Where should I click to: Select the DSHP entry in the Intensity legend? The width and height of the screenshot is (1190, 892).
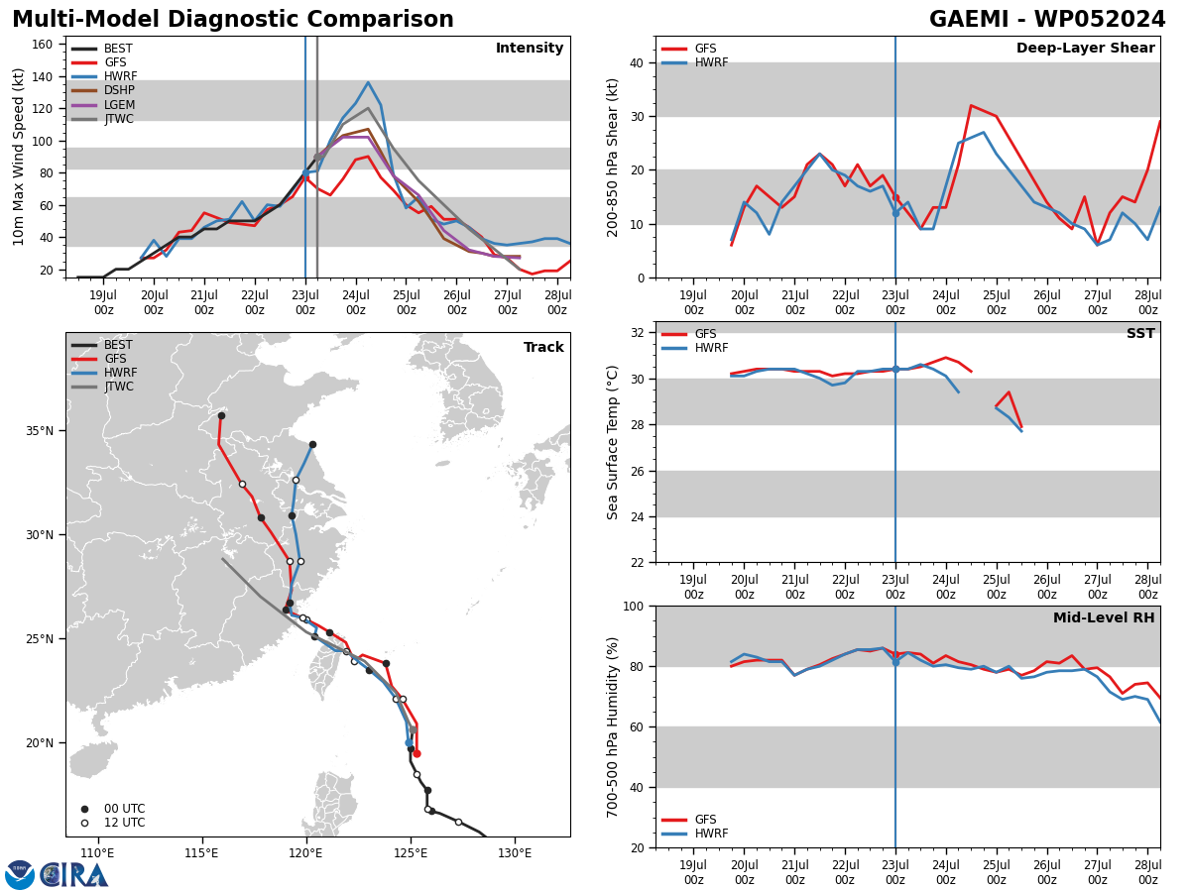pos(103,90)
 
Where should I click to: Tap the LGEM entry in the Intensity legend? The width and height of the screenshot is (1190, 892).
pos(103,104)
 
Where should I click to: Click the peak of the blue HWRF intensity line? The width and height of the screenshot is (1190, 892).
pos(368,82)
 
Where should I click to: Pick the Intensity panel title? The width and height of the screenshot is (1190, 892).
pos(530,48)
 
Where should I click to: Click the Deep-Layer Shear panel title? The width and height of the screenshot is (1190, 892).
pos(1085,48)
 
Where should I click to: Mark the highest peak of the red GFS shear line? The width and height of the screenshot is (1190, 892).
pos(971,105)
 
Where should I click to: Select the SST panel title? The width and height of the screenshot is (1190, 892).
pos(1140,333)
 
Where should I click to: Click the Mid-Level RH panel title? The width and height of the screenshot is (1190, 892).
pos(1104,617)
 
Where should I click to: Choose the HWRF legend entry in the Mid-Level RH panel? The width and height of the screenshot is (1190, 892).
pos(695,833)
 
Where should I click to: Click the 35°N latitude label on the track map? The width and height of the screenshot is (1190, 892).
pos(40,431)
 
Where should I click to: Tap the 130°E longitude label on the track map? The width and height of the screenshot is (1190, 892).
pos(514,853)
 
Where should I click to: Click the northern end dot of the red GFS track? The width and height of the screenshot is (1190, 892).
pos(221,416)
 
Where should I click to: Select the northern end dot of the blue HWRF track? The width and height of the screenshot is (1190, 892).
pos(312,445)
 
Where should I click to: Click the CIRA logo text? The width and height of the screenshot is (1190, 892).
pos(74,875)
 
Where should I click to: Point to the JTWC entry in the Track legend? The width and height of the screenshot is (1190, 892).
pos(103,387)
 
